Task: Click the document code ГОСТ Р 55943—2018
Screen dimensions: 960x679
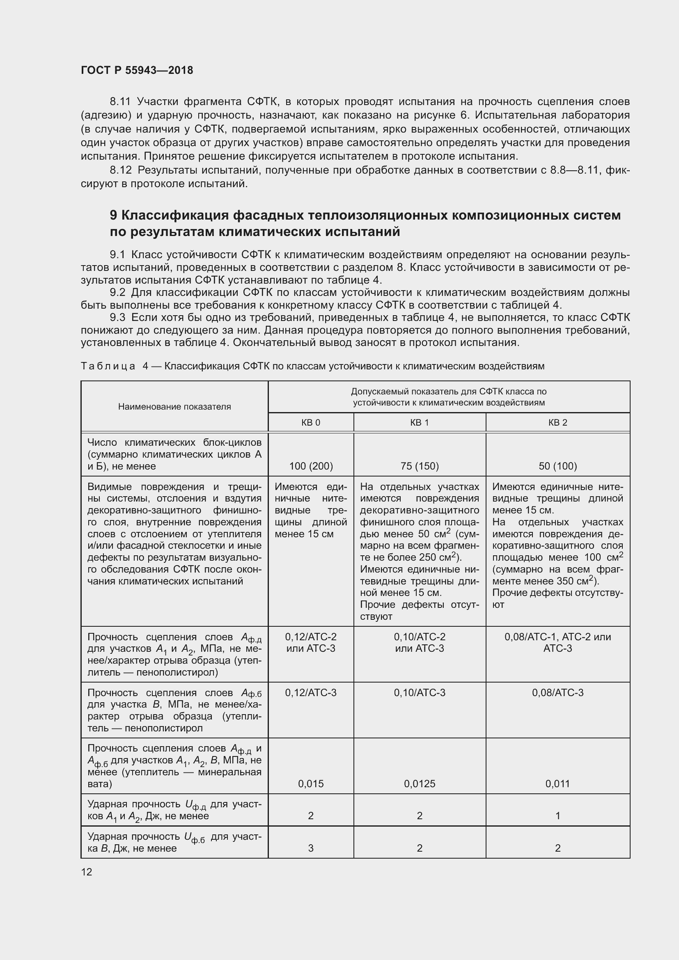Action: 137,70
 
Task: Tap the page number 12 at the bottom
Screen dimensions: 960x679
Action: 87,872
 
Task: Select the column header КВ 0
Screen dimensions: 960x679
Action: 311,422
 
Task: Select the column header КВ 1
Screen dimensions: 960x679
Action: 420,422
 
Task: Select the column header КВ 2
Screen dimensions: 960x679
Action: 557,422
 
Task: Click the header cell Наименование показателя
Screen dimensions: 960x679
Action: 174,406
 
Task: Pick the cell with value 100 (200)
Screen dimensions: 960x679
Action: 311,466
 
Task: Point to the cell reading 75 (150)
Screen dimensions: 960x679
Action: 420,466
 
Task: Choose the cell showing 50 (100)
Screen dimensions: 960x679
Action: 557,466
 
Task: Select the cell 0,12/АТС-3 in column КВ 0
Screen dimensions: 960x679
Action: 311,693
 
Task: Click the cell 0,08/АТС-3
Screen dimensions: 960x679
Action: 557,693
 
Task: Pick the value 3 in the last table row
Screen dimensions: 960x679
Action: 311,848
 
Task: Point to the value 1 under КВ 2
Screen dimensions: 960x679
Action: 557,816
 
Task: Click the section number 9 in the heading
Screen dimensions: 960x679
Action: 114,215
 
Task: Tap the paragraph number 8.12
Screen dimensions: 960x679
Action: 120,170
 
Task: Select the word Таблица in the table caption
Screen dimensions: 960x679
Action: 108,366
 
